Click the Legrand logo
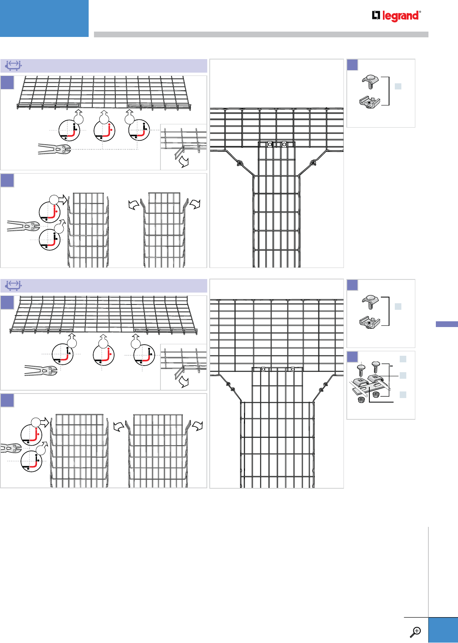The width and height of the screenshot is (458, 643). tap(396, 16)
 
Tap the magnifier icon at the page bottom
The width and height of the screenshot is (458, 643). tap(416, 632)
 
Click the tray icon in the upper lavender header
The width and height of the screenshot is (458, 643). tap(14, 66)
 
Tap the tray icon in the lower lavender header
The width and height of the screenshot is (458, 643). tap(14, 285)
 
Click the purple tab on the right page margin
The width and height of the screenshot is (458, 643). tap(447, 324)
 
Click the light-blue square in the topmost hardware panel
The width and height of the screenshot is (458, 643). tap(398, 86)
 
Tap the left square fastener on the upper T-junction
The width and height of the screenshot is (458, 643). tap(270, 144)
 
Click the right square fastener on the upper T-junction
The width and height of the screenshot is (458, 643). tap(284, 144)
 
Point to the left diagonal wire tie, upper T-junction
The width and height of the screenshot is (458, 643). tap(238, 164)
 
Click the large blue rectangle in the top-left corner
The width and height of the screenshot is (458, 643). tap(44, 18)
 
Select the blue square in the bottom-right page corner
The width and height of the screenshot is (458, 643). tap(443, 630)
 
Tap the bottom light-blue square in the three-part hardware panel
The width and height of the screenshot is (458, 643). tap(403, 395)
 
